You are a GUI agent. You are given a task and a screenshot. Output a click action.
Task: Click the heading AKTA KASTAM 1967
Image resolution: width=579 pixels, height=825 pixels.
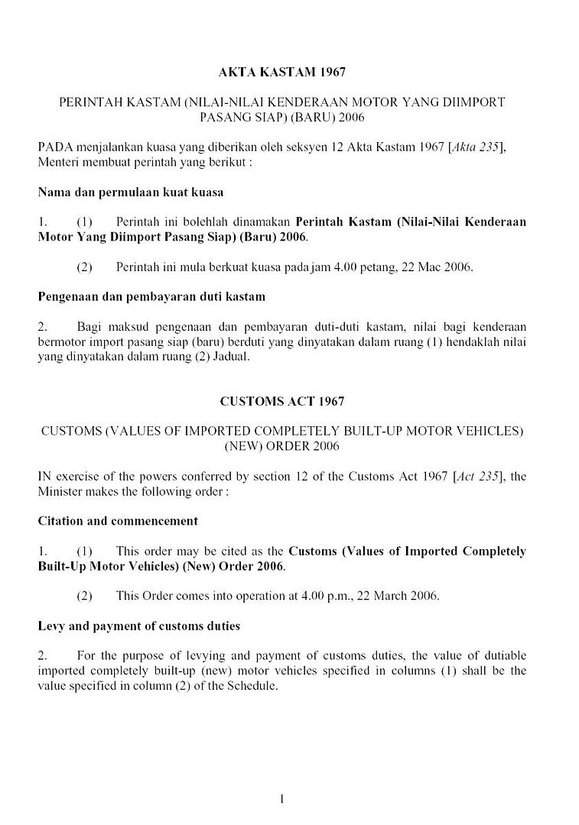(282, 73)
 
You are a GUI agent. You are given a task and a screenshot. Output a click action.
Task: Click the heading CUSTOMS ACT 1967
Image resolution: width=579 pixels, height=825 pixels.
(282, 401)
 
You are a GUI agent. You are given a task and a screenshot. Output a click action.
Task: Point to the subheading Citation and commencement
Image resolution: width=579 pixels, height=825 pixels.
(118, 521)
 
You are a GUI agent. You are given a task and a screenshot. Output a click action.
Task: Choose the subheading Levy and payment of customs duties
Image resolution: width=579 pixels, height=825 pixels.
(138, 626)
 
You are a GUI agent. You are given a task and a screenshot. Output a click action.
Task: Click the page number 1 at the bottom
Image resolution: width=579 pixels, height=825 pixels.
(282, 799)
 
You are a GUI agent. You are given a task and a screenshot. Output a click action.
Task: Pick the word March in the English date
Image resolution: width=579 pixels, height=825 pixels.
(388, 596)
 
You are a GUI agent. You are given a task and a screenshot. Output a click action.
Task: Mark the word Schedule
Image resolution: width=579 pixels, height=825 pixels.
(252, 685)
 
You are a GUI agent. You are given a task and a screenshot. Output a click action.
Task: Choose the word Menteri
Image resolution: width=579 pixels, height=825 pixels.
(58, 163)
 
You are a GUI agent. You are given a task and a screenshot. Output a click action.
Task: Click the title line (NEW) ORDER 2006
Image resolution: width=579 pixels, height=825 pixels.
(282, 445)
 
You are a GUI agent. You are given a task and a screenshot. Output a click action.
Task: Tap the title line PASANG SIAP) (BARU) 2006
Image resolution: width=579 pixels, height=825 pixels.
(282, 117)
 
